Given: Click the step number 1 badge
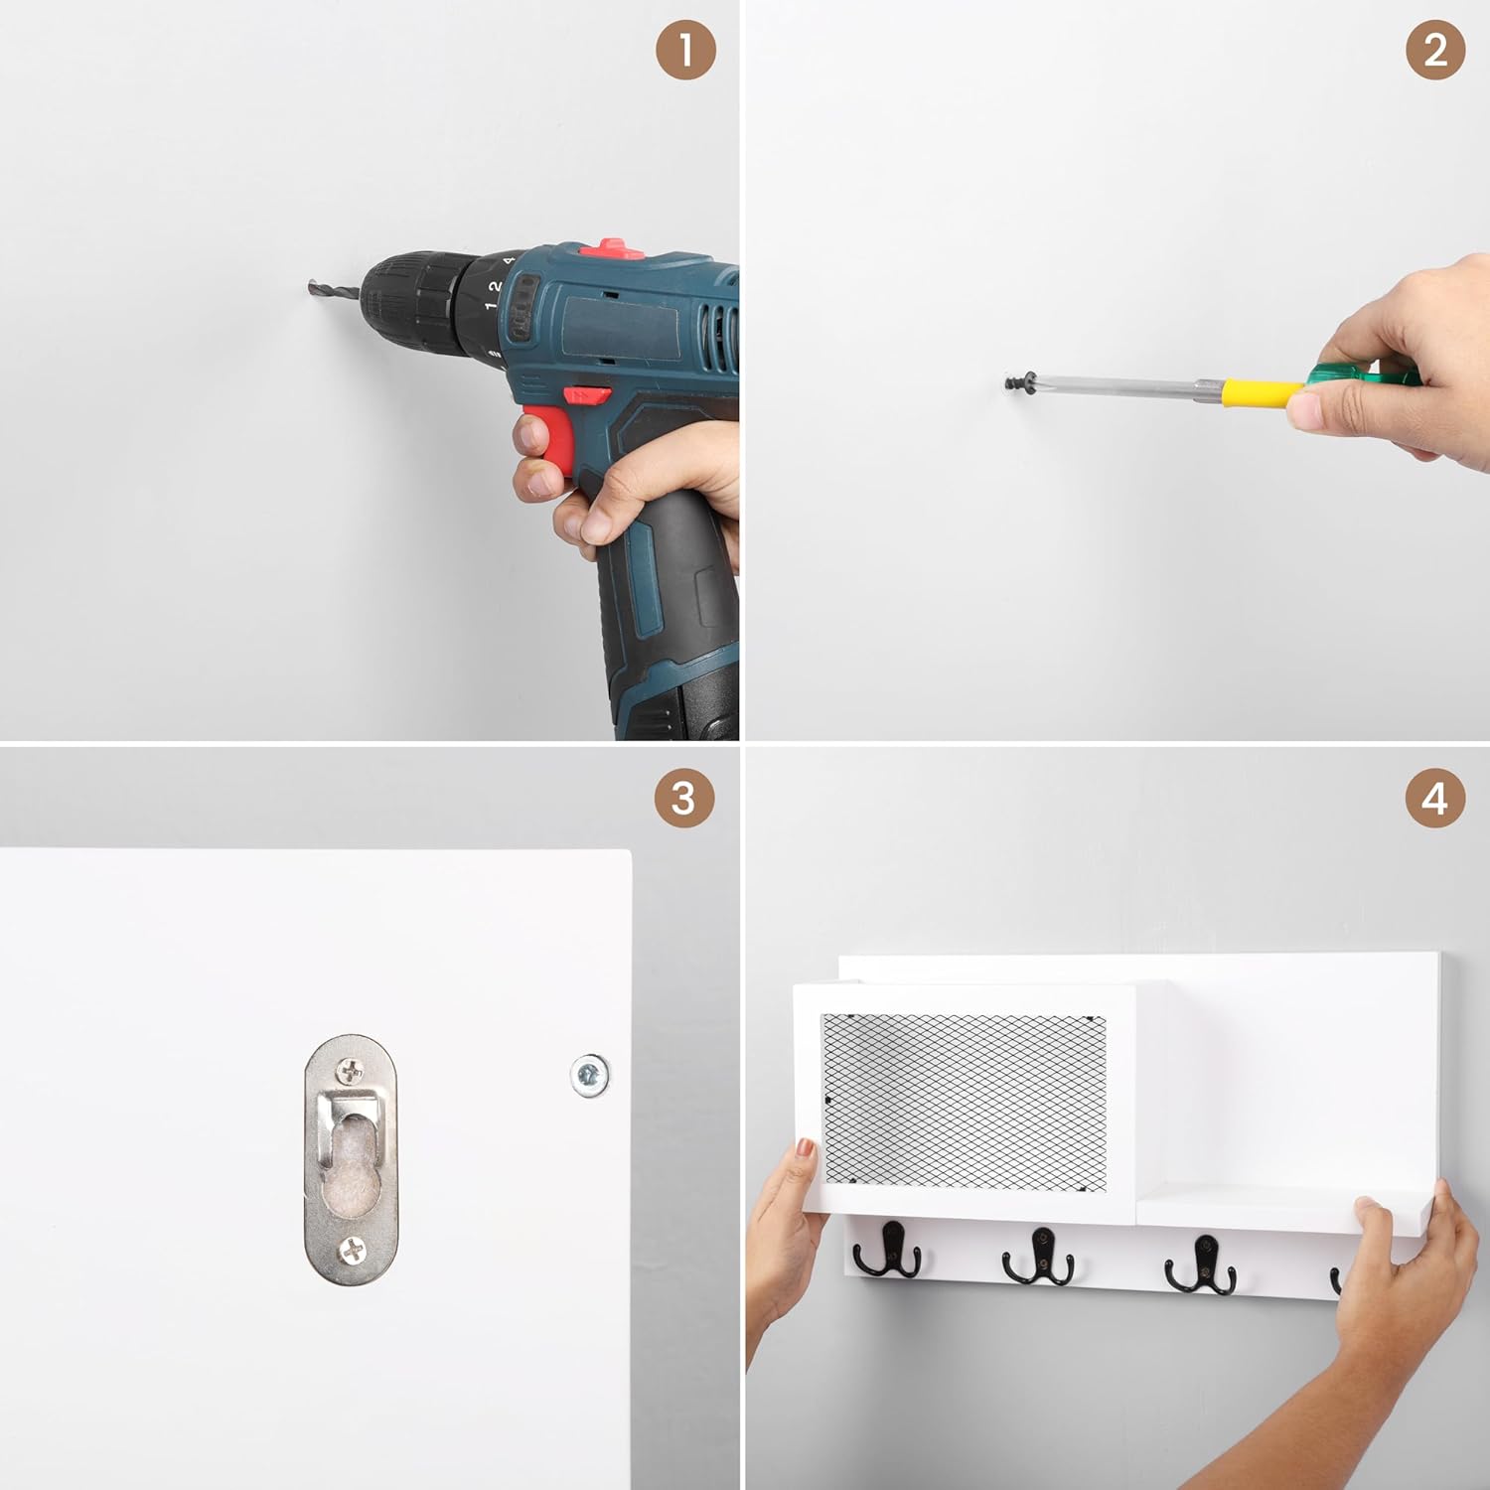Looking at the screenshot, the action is [685, 50].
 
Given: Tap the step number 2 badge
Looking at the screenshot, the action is [1435, 50].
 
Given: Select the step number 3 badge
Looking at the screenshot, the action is [684, 798].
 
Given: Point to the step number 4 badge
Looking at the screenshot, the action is [1435, 798].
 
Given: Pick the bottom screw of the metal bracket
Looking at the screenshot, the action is [352, 1250].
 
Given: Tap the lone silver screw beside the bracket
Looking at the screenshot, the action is [589, 1075].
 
